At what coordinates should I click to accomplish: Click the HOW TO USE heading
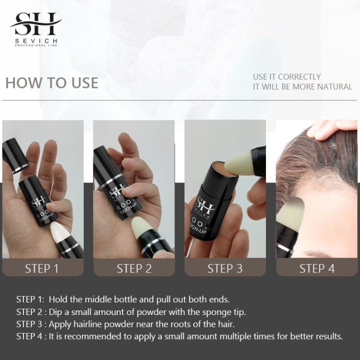pos(51,82)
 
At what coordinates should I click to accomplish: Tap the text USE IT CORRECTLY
pos(286,76)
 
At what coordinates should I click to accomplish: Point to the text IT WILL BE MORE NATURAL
pos(302,86)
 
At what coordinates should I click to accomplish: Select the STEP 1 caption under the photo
pos(42,268)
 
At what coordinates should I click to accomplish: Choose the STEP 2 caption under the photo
pos(134,268)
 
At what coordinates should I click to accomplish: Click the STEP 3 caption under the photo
pos(225,268)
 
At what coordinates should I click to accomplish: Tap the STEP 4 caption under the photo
pos(316,268)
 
